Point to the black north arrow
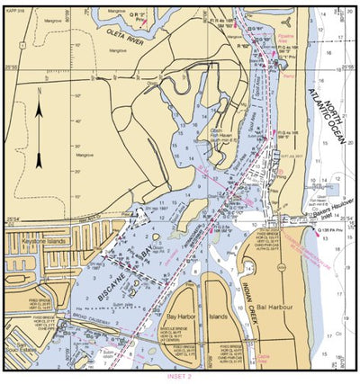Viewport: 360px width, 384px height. (40, 135)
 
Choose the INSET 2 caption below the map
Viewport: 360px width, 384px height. (179, 378)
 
